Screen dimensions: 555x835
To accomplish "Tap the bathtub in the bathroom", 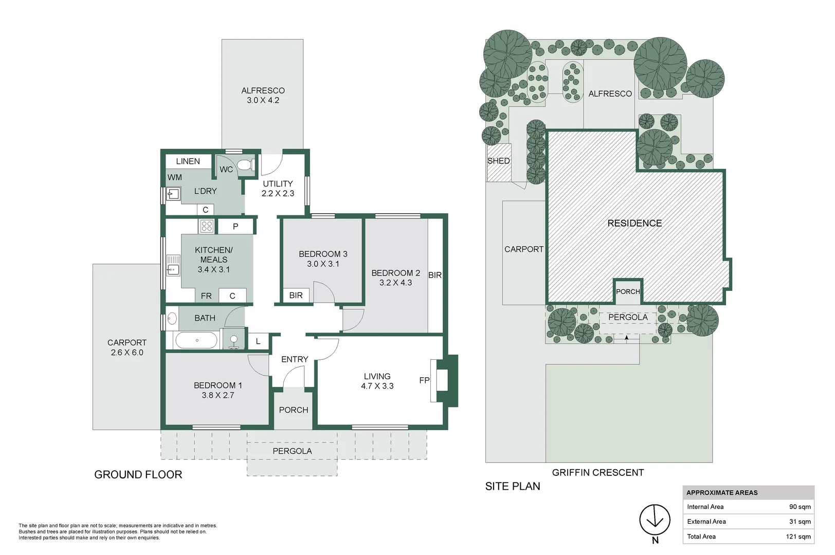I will pyautogui.click(x=196, y=340).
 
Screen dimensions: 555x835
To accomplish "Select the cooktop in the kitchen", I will pyautogui.click(x=207, y=226).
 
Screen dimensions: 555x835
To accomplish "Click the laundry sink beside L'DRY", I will pyautogui.click(x=173, y=194).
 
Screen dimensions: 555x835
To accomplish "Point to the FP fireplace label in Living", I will pyautogui.click(x=424, y=380).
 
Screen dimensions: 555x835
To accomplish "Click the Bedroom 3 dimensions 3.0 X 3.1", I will pyautogui.click(x=323, y=264).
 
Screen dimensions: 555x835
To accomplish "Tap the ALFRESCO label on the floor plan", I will pyautogui.click(x=263, y=90).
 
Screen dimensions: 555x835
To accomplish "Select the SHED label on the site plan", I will pyautogui.click(x=498, y=161).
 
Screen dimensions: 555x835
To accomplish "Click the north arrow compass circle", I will pyautogui.click(x=655, y=519).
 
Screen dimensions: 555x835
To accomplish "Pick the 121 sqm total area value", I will pyautogui.click(x=798, y=536).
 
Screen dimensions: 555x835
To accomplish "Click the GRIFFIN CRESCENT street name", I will pyautogui.click(x=597, y=472).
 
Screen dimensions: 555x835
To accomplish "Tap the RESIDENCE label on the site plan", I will pyautogui.click(x=634, y=223).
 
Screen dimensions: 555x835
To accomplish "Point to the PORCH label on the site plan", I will pyautogui.click(x=628, y=291).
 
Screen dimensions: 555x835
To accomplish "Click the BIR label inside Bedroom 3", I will pyautogui.click(x=296, y=295).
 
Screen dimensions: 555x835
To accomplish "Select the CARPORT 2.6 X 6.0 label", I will pyautogui.click(x=127, y=347).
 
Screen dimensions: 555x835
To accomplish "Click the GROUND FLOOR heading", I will pyautogui.click(x=138, y=475).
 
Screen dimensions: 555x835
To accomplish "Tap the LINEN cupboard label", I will pyautogui.click(x=188, y=161).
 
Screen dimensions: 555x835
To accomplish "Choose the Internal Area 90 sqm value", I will pyautogui.click(x=800, y=507).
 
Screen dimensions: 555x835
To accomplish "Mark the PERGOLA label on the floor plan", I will pyautogui.click(x=292, y=451).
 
